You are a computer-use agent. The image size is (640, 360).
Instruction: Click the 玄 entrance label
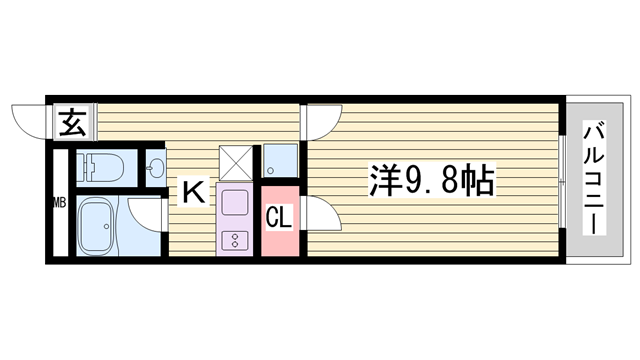[x=71, y=126]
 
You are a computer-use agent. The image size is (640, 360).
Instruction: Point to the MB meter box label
[x=59, y=205]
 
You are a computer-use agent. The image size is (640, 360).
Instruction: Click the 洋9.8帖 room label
[x=430, y=181]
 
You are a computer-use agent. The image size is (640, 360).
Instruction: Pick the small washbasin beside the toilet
[x=156, y=169]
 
